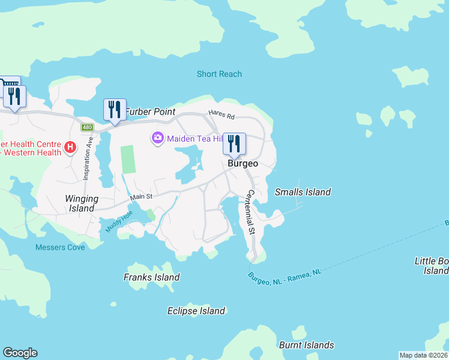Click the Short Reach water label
(x=219, y=74)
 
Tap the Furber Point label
(x=150, y=112)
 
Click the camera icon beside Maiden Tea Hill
(x=158, y=139)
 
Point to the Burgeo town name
(x=243, y=163)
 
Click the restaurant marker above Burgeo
(x=234, y=144)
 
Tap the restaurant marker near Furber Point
(x=115, y=110)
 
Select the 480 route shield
(x=88, y=127)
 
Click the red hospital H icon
(x=70, y=146)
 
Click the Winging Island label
(x=82, y=203)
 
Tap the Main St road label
(x=142, y=196)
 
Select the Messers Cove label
(x=60, y=247)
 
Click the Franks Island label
(x=151, y=277)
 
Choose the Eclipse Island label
(x=196, y=311)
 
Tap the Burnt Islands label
(x=306, y=345)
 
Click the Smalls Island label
(x=303, y=192)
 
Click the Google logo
(x=20, y=353)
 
